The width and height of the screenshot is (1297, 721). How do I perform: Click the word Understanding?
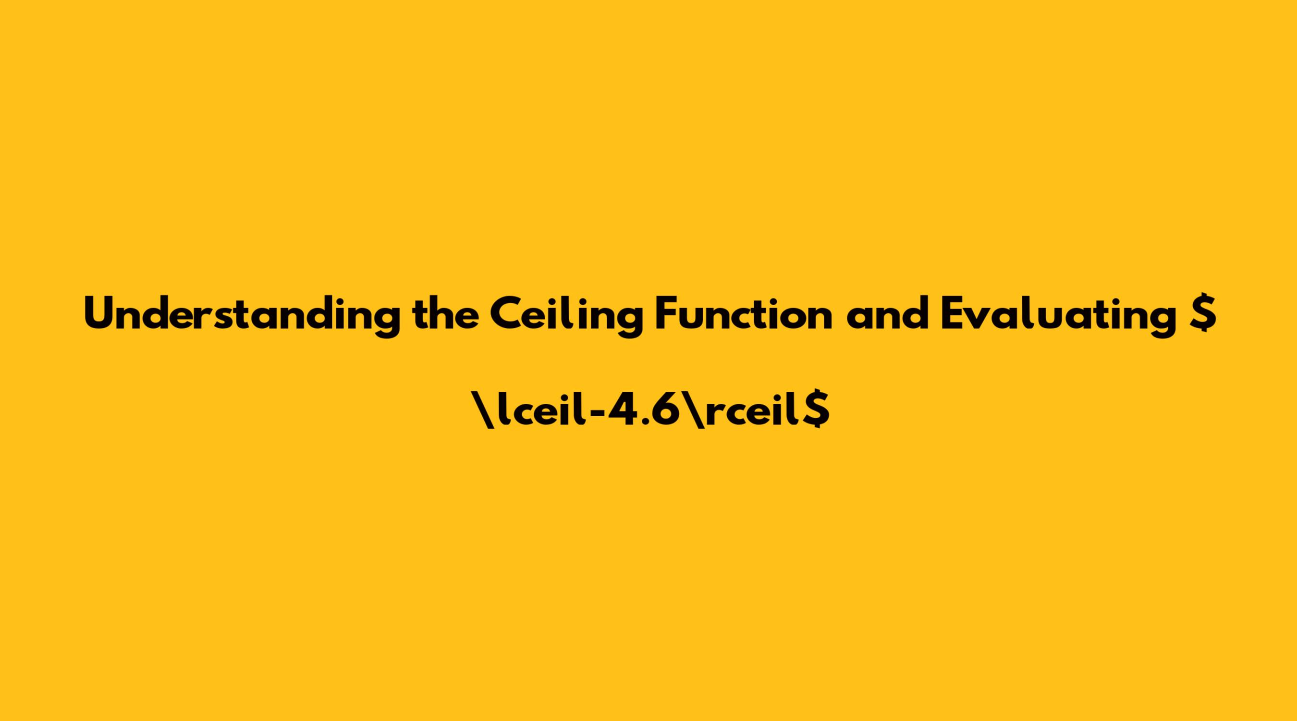click(x=242, y=313)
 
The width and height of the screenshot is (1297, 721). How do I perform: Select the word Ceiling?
click(x=566, y=314)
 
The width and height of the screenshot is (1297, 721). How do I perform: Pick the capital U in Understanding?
click(x=99, y=314)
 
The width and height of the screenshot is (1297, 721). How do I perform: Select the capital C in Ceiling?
click(x=505, y=314)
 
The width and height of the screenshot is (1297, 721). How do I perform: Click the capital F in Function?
click(x=667, y=313)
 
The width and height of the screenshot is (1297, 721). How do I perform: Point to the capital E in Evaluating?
click(x=953, y=313)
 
